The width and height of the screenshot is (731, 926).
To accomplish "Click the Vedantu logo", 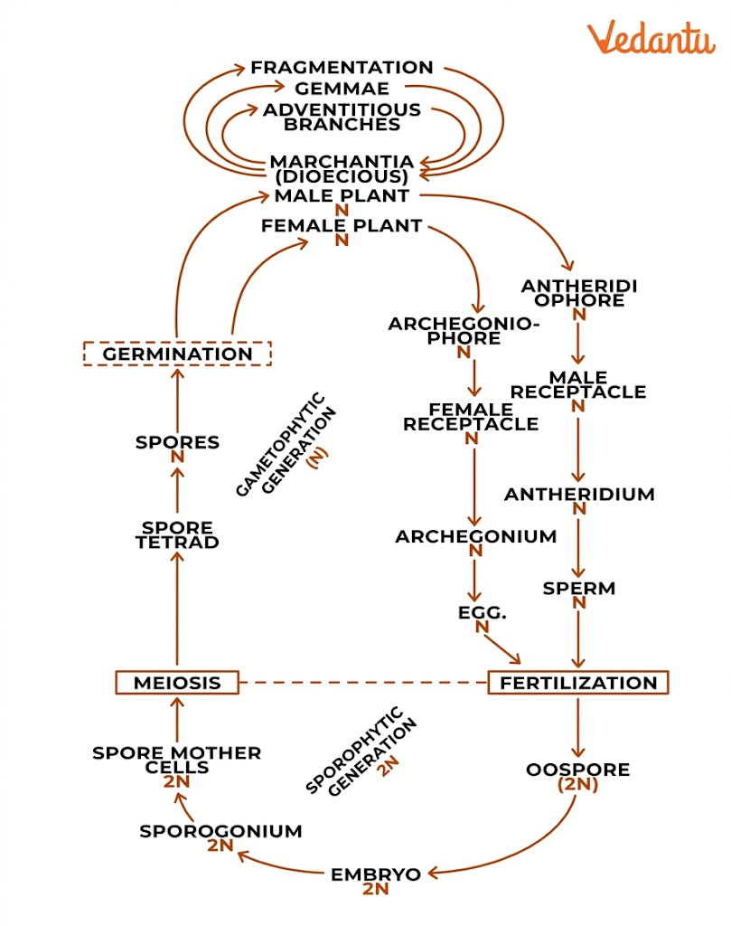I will coord(650,39).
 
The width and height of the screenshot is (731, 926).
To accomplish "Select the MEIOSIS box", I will coord(177,682).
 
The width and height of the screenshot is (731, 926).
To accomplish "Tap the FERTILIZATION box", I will coord(578,682).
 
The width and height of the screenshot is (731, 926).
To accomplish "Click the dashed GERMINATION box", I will coord(177,353).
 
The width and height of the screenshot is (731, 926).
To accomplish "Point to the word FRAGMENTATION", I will coord(342,68).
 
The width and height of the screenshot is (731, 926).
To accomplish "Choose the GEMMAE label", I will coord(342,89).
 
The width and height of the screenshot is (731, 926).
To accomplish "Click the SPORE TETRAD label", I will coord(177,534).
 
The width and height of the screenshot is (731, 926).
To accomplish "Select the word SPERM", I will coord(578,589).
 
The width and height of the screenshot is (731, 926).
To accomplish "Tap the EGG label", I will coord(482,612).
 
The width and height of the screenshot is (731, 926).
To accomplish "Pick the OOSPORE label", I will coord(578,770).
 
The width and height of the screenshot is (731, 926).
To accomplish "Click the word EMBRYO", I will coord(376,874).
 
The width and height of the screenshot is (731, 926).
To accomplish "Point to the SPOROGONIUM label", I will coord(220,831).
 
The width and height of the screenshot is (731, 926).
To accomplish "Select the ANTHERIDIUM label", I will coord(578,495).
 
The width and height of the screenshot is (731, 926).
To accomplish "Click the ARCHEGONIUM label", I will coord(475,536).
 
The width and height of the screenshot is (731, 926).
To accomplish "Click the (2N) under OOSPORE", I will coord(578,785).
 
